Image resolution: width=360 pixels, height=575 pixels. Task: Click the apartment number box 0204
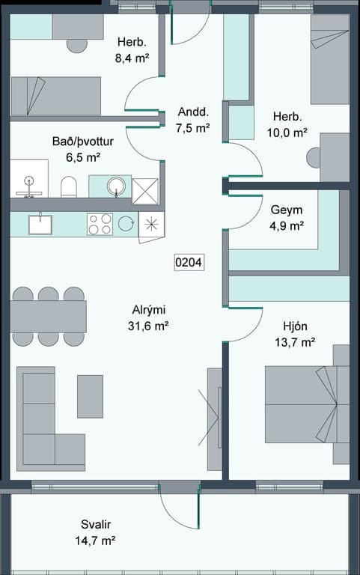tap(189, 262)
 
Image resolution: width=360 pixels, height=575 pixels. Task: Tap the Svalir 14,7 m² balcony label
tap(96, 532)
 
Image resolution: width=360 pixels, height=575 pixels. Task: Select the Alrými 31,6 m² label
tap(148, 317)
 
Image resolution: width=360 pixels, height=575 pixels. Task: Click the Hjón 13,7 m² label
tap(295, 334)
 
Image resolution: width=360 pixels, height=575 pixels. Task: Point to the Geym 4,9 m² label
tap(287, 217)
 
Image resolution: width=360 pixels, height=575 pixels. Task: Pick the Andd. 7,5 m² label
tap(193, 120)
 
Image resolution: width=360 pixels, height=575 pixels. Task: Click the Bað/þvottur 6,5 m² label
tap(83, 149)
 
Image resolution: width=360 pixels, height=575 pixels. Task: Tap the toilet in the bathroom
tap(69, 187)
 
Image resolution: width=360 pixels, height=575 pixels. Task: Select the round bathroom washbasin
tap(116, 186)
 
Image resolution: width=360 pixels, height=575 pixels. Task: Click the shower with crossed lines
tap(145, 191)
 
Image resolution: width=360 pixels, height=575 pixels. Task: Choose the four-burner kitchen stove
tap(100, 224)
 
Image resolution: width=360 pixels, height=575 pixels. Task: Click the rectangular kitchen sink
tap(40, 224)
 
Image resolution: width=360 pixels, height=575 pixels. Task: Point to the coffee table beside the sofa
tap(90, 396)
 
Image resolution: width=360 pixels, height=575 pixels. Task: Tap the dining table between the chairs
tap(48, 317)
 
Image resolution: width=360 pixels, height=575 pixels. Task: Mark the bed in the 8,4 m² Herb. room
tap(55, 96)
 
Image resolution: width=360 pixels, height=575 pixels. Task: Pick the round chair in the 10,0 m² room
tap(314, 158)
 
